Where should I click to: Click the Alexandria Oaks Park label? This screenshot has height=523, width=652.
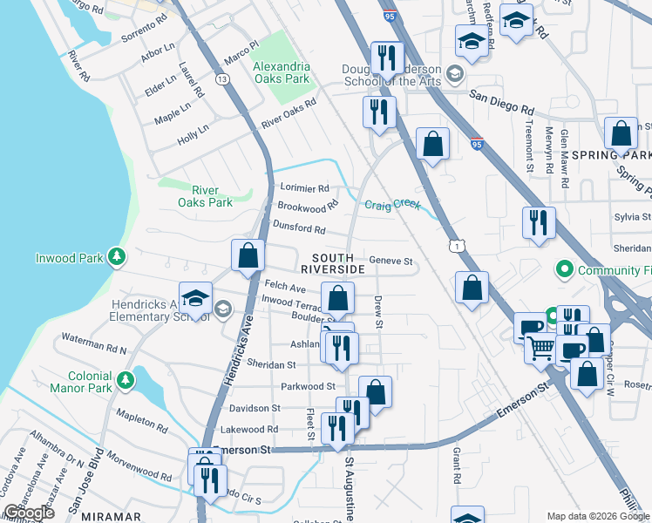tap(281, 72)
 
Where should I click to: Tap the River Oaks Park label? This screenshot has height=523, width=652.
tap(205, 196)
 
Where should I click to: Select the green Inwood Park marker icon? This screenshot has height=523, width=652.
tap(116, 257)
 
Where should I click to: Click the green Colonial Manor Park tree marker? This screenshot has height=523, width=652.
tap(126, 380)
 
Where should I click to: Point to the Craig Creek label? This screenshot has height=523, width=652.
tap(392, 205)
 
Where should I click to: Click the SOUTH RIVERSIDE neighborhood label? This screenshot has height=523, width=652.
tap(333, 263)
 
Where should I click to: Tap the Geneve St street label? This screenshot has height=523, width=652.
tap(390, 261)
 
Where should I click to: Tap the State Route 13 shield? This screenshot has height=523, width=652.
tap(224, 79)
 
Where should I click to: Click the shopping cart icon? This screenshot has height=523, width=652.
tap(541, 348)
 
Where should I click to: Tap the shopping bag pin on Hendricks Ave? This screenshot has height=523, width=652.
tap(248, 255)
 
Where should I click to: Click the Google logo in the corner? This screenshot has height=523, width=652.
tap(29, 513)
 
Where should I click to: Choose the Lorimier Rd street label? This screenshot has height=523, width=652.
tap(304, 187)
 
